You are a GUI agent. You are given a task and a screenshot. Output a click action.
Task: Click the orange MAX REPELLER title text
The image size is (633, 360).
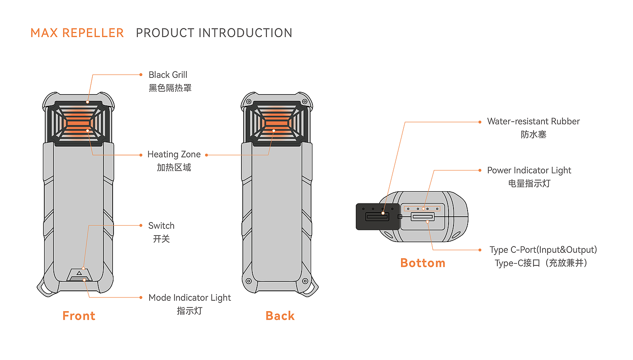(x=77, y=33)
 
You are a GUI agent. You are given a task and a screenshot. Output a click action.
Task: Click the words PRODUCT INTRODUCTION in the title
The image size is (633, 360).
(x=214, y=33)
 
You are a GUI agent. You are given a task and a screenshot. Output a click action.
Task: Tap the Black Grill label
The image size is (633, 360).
(x=168, y=75)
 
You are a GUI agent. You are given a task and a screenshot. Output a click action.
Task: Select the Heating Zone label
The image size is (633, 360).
(x=174, y=155)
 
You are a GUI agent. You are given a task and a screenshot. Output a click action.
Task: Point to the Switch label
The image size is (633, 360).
(x=161, y=226)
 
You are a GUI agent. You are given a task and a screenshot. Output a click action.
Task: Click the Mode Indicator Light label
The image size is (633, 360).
(x=189, y=298)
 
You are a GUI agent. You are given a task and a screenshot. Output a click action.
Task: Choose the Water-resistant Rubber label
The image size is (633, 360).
(x=533, y=122)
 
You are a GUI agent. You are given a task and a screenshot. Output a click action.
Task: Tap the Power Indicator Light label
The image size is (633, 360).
(x=529, y=171)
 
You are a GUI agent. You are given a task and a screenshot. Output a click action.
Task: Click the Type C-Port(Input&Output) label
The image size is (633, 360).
(x=543, y=250)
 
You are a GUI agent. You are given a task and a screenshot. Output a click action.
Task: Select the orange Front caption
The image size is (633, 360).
(x=79, y=316)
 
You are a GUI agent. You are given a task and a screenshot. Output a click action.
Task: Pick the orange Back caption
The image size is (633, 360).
(x=280, y=316)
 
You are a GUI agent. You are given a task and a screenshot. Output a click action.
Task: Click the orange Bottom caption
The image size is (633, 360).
(x=423, y=263)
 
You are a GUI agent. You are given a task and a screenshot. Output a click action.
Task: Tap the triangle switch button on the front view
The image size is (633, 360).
(x=79, y=273)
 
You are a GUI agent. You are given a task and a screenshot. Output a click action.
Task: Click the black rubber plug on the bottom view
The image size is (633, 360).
(x=377, y=217)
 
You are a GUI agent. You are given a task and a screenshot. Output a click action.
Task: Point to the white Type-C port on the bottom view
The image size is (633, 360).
(x=422, y=217)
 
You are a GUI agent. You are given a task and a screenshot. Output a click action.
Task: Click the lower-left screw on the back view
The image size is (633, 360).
(x=248, y=281)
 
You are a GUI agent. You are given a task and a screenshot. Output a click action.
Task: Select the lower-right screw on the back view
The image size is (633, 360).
(x=306, y=281)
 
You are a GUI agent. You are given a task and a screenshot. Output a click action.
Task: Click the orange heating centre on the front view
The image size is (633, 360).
(x=79, y=123)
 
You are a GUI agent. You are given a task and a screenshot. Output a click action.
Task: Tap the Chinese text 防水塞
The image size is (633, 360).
(x=534, y=135)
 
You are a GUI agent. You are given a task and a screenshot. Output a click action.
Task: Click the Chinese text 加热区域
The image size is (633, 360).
(x=174, y=168)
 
